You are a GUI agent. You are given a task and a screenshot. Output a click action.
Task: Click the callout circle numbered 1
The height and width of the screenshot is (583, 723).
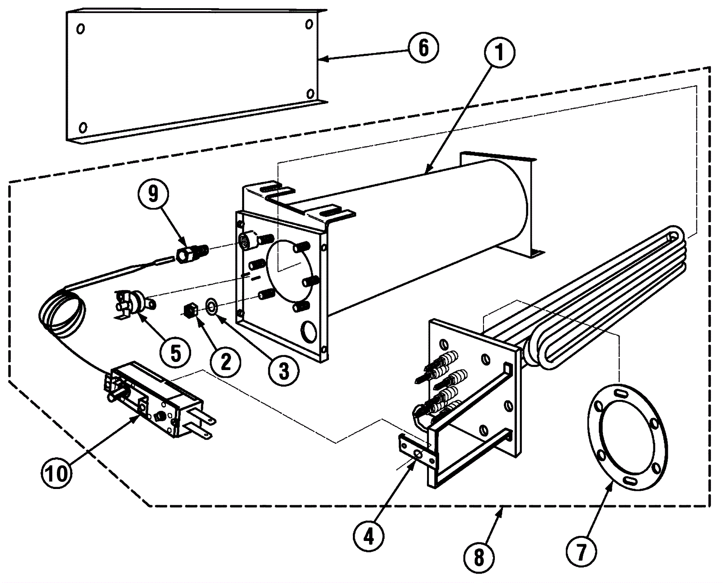coord(500,53)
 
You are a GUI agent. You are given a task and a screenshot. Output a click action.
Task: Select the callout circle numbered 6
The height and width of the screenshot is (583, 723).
coord(424,47)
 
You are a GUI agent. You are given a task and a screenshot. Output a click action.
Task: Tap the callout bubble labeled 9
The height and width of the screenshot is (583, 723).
coord(153,194)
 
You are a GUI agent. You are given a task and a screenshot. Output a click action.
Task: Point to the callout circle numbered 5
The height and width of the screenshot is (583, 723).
coord(175,353)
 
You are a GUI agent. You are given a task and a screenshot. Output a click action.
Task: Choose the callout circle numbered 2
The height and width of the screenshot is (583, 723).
coord(225,362)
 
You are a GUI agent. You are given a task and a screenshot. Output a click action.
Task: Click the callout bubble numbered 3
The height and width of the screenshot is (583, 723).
coord(284,371)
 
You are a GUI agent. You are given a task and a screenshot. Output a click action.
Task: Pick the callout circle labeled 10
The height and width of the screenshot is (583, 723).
coord(56,474)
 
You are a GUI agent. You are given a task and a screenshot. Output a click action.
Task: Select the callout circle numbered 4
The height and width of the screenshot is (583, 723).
coord(369,537)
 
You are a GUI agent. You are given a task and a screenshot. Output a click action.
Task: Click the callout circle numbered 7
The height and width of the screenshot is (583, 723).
coord(581,552)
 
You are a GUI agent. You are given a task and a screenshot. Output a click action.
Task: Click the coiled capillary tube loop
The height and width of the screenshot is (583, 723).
coord(62,309)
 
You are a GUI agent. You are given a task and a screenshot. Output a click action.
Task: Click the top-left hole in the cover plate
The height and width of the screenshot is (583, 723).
coord(80,28)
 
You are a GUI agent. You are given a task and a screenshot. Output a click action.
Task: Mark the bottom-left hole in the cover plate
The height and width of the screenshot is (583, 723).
coord(83,128)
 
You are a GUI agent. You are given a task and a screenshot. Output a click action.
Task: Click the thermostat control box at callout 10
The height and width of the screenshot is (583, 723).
coord(158,400)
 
